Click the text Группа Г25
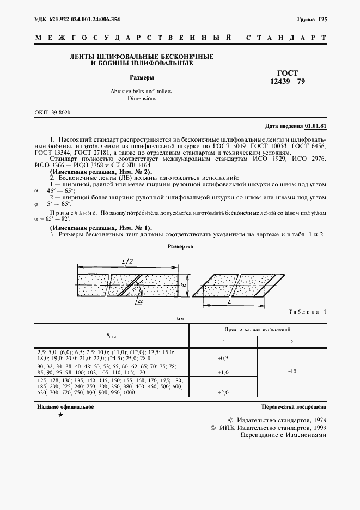[312, 20]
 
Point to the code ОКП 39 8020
[52, 112]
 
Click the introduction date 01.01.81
[315, 126]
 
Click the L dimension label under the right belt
[231, 301]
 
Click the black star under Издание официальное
[60, 416]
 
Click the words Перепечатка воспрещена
[294, 407]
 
